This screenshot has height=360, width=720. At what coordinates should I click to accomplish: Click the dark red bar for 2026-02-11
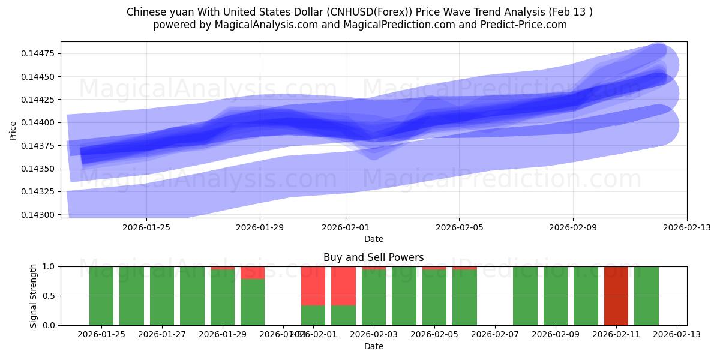coord(616,296)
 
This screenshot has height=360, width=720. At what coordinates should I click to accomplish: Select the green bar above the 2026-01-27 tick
coord(162,296)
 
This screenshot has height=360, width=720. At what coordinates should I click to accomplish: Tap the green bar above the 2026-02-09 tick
coord(556,296)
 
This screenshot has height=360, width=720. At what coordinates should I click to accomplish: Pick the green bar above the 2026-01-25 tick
coord(101,296)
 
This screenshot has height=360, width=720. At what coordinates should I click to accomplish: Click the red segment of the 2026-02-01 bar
coord(313,286)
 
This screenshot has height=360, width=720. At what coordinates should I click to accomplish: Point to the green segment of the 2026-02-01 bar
coord(313,315)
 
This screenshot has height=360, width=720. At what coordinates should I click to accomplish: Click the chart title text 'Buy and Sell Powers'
coord(373,257)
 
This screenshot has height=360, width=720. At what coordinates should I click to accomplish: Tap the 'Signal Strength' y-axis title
coord(34,296)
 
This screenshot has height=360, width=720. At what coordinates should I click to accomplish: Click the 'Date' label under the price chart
coord(373,239)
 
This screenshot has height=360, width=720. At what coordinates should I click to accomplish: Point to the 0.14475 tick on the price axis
coord(38,54)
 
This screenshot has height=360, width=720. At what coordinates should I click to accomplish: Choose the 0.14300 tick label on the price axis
coord(38,215)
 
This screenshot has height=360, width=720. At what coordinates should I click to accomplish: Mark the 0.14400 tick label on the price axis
coord(38,123)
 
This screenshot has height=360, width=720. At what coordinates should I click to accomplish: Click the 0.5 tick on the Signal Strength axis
coord(48,296)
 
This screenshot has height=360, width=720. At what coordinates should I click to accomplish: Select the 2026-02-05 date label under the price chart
coord(459,227)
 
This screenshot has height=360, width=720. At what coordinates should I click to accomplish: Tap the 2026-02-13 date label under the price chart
coord(686,227)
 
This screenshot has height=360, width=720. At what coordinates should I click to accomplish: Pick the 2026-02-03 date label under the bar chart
coord(374,335)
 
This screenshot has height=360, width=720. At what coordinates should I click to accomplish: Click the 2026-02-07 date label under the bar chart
coord(495,335)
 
